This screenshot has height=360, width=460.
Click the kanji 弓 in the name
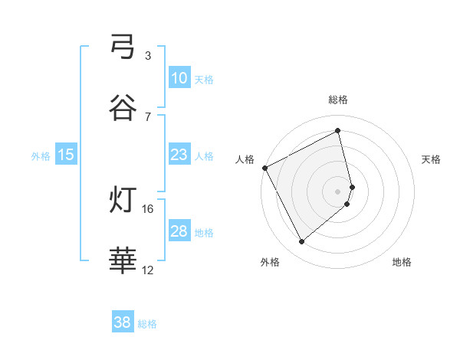pyautogui.click(x=123, y=48)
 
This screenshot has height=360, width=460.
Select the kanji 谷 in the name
pyautogui.click(x=123, y=108)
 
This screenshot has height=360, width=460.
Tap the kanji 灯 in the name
pyautogui.click(x=123, y=201)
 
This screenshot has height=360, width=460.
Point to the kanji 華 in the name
pyautogui.click(x=123, y=260)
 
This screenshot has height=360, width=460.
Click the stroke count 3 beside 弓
pyautogui.click(x=148, y=56)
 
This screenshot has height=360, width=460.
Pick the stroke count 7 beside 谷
pyautogui.click(x=148, y=116)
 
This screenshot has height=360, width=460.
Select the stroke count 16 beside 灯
pyautogui.click(x=149, y=208)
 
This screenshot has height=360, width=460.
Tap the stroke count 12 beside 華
pyautogui.click(x=148, y=270)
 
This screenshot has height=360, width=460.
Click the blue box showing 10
pyautogui.click(x=179, y=78)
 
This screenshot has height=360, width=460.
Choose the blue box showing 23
pyautogui.click(x=179, y=155)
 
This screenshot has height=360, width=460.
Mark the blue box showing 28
pyautogui.click(x=179, y=231)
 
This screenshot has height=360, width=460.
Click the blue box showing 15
pyautogui.click(x=66, y=155)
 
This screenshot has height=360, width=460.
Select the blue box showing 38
pyautogui.click(x=123, y=322)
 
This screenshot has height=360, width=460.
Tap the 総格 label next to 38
pyautogui.click(x=147, y=324)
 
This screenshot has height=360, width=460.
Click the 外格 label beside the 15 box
pyautogui.click(x=41, y=155)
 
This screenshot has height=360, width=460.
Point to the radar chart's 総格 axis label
pyautogui.click(x=338, y=100)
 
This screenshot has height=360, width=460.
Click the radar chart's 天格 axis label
pyautogui.click(x=432, y=159)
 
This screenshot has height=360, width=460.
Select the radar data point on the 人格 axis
pyautogui.click(x=264, y=168)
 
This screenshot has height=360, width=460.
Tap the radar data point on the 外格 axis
pyautogui.click(x=301, y=242)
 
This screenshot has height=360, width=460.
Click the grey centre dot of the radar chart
pyautogui.click(x=338, y=191)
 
